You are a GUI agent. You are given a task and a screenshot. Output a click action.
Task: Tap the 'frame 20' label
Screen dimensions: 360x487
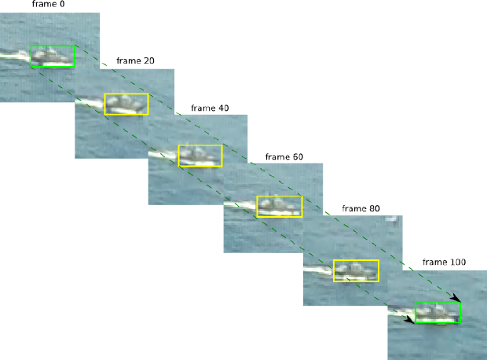click(x=134, y=61)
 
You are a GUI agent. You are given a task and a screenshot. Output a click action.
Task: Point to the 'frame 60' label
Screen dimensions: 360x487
click(x=284, y=156)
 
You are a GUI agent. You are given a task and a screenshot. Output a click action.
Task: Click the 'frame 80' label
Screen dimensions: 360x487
click(x=361, y=208)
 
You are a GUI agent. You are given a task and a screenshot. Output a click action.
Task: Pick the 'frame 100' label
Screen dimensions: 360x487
click(x=443, y=262)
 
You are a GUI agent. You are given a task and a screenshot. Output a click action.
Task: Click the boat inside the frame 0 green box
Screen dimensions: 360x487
click(x=52, y=56)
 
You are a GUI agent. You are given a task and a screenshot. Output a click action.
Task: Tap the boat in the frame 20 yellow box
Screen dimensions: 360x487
click(x=126, y=105)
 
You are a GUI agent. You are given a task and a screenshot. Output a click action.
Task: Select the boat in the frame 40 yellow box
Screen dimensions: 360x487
click(x=200, y=156)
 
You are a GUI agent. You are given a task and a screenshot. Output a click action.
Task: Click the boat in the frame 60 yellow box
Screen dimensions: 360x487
click(x=278, y=206)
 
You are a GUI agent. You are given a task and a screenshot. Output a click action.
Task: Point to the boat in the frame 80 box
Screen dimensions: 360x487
click(x=355, y=270)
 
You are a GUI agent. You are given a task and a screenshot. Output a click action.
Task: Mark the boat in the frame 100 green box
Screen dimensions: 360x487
click(x=437, y=313)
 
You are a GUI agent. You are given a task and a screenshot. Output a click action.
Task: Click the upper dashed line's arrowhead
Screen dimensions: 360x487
click(x=456, y=299)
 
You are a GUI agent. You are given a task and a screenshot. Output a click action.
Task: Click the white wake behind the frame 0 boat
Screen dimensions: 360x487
click(x=14, y=54)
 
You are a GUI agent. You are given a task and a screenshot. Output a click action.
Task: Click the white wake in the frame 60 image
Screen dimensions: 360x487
click(x=240, y=206)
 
